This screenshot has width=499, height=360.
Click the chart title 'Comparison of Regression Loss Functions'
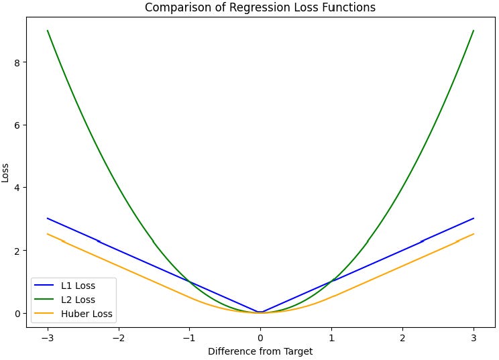point(260,7)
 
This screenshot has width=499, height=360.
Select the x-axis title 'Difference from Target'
point(260,351)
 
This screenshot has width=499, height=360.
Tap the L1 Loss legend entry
point(78,286)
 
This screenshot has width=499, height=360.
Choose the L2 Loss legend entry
point(78,300)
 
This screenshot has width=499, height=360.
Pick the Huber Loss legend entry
point(83,314)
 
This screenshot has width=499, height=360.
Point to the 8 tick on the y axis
point(16,62)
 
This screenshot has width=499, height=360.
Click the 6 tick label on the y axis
point(16,125)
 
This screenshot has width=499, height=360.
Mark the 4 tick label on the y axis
point(16,188)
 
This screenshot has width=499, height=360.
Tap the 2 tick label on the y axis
point(16,251)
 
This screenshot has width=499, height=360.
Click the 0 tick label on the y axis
point(16,313)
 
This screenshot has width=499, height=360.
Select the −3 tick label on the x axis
point(47,337)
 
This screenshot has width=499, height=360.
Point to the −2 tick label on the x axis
point(118,337)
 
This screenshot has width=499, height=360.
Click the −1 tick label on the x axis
point(189,337)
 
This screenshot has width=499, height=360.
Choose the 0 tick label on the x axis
point(260,337)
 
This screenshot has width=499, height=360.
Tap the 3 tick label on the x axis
point(474,337)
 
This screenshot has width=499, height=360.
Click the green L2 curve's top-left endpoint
point(48,31)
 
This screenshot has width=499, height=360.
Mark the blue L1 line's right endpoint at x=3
point(474,219)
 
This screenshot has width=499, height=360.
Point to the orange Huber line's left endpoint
point(48,234)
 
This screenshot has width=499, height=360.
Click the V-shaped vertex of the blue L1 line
point(260,312)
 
